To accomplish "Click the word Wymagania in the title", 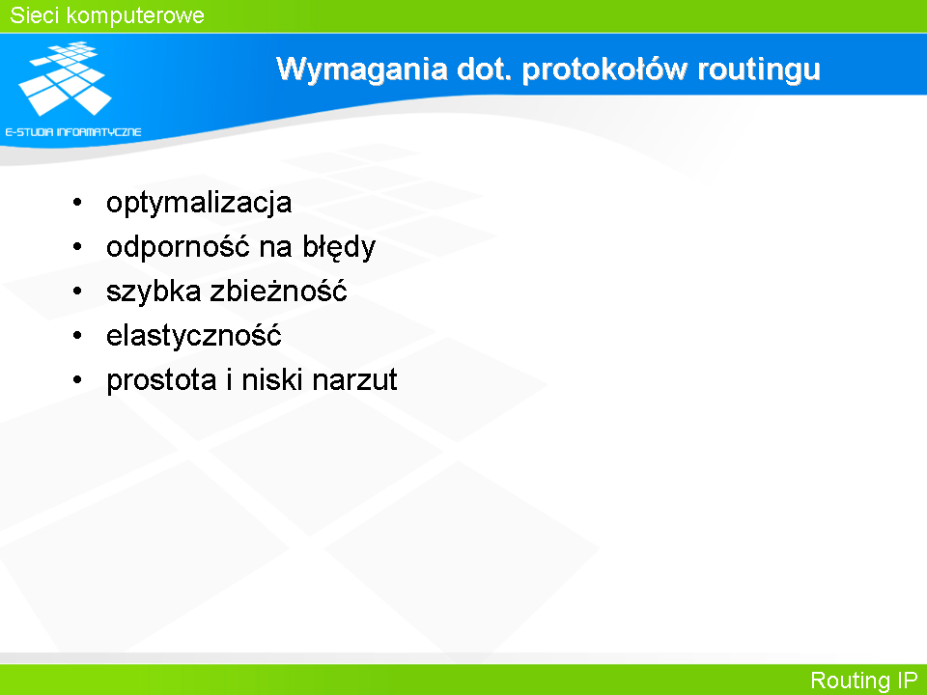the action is coord(362,70).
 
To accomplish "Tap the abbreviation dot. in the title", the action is coord(484,69).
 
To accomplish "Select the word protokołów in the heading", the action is coord(604,69).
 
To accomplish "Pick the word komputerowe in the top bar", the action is coord(135,16).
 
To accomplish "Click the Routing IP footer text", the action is coord(863,681).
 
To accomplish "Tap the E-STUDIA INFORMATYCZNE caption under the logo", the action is coord(73,132).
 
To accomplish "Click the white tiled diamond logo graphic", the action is coord(65,78).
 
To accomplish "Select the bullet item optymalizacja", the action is coord(199,204).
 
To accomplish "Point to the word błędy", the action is coord(339,246).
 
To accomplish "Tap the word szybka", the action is coord(154,292).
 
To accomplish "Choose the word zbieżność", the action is coord(278,291).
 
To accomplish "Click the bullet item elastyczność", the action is coord(194,336).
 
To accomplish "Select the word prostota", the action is coord(161,380).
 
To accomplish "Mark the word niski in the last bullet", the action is coord(272,379).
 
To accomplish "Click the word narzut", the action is coord(354,380).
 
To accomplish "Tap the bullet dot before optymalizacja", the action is coord(77,203).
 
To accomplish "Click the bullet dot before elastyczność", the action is coord(77,336).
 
